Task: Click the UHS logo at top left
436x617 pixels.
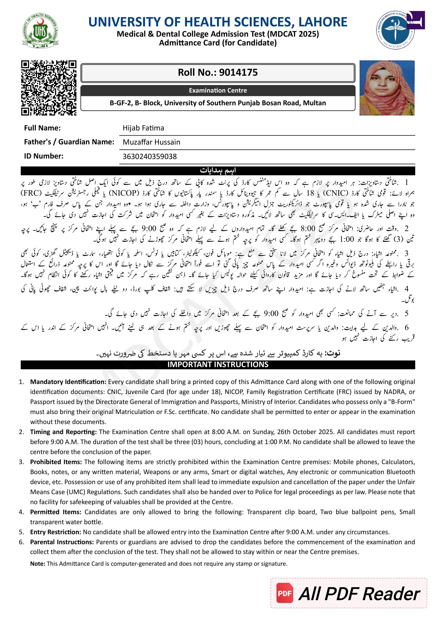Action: point(40,31)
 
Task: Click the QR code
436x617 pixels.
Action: point(49,88)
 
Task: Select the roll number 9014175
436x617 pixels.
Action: point(238,73)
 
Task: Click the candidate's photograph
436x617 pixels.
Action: point(387,88)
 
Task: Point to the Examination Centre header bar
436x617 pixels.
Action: point(218,91)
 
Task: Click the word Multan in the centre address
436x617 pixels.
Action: point(314,103)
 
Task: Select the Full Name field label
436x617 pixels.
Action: point(42,128)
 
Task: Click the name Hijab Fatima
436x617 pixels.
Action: point(143,128)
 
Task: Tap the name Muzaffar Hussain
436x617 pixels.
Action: point(151,142)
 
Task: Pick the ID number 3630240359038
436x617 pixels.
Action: point(150,156)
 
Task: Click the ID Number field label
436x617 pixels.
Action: point(44,156)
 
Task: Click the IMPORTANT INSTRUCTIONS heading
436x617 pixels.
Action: point(218,364)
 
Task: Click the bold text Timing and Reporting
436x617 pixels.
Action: point(63,432)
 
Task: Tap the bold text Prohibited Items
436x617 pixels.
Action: point(56,462)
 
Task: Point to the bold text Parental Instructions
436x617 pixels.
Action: point(62,542)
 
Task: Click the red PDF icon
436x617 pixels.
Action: point(284,593)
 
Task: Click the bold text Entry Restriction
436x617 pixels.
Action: point(55,532)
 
